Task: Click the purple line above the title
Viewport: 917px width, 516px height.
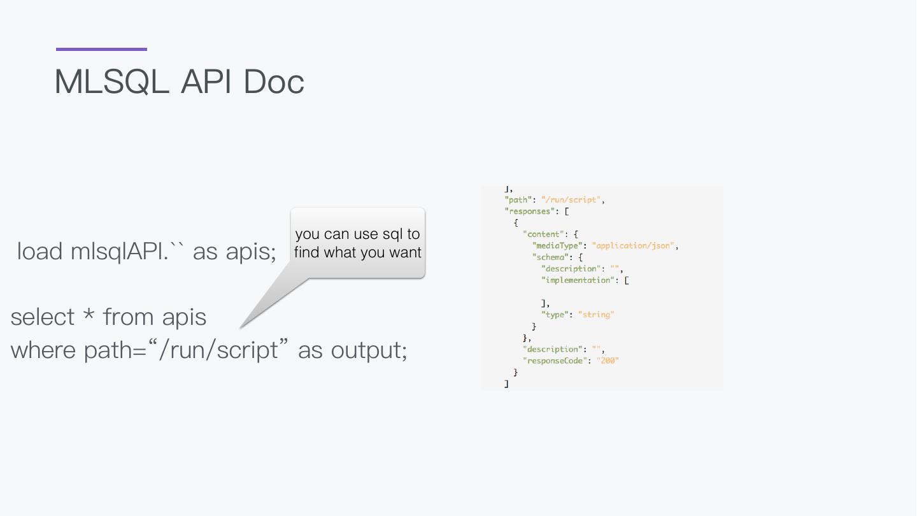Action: coord(101,49)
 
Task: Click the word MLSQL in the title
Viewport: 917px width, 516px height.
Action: coord(112,82)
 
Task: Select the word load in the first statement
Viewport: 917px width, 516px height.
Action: coord(39,251)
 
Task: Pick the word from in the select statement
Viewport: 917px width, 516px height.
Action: coord(127,317)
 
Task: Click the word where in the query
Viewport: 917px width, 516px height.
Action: coord(43,350)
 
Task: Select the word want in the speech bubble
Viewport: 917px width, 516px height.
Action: coord(406,252)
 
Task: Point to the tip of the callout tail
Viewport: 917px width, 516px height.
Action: coord(241,327)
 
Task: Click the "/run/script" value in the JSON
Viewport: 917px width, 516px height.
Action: coord(571,200)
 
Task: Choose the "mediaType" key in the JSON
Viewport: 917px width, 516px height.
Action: coord(558,246)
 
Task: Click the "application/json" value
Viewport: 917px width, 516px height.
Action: coord(634,246)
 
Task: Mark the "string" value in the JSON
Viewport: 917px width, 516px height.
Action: coord(596,315)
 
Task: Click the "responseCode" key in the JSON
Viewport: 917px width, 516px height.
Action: coord(553,361)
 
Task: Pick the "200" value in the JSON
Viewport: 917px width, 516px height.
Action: coord(608,361)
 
